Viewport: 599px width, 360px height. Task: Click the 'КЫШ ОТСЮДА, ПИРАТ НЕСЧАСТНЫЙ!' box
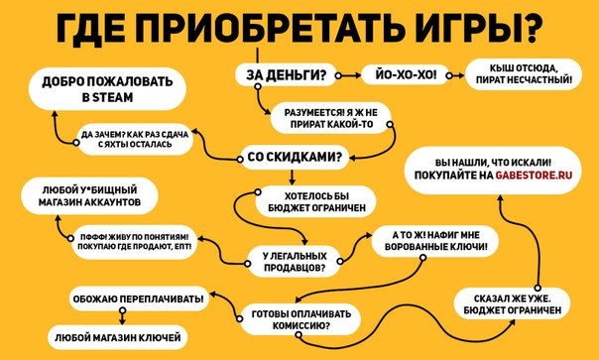[523, 74]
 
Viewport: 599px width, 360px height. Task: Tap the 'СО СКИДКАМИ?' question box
[295, 156]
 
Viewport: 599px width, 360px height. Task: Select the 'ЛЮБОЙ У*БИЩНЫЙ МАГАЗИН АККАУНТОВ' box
[86, 194]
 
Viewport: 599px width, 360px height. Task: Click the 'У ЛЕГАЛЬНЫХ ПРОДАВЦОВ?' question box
[294, 262]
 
